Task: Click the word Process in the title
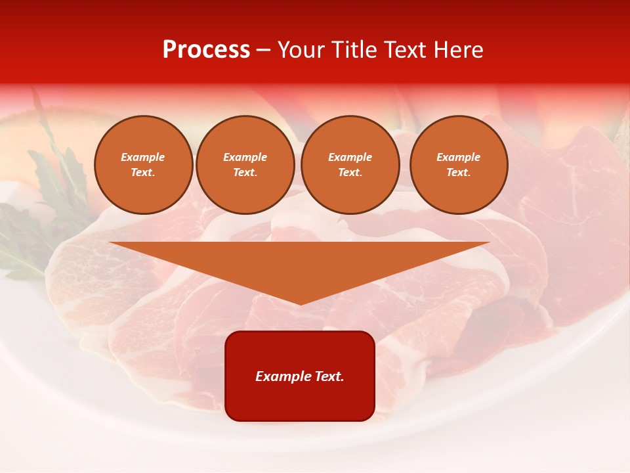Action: (206, 50)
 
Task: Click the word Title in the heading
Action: (352, 50)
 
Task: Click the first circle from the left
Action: (144, 165)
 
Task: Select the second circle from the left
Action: (245, 165)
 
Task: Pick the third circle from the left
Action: (350, 165)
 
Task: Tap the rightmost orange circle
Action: (459, 165)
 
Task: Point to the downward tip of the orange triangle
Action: (300, 303)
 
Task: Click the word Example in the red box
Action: (283, 376)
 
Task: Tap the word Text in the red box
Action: (329, 376)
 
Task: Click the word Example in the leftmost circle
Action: (143, 157)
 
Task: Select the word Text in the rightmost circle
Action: (459, 173)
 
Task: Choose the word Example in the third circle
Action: (350, 157)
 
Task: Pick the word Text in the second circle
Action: (245, 173)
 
